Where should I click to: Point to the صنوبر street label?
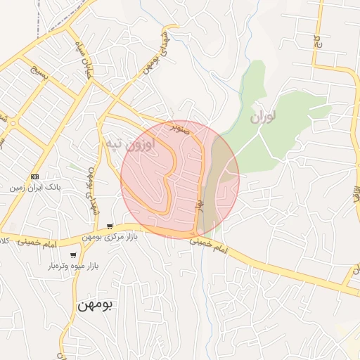[181, 129]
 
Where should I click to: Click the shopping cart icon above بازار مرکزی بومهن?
[110, 226]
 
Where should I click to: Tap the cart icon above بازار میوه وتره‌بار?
[73, 255]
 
